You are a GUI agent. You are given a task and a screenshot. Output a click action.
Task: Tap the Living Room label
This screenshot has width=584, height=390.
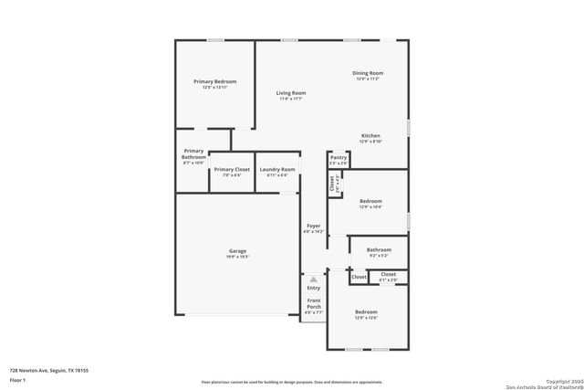(x=291, y=93)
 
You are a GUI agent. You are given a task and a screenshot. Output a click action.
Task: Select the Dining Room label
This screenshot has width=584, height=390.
(x=368, y=73)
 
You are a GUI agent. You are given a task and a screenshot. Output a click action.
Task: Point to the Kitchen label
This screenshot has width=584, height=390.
(x=370, y=136)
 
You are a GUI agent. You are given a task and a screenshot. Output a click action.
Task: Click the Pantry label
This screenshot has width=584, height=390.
(x=339, y=157)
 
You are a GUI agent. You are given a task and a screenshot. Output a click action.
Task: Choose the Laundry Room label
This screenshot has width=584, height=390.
(x=276, y=169)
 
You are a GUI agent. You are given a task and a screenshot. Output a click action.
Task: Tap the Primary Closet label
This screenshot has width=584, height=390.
(x=232, y=169)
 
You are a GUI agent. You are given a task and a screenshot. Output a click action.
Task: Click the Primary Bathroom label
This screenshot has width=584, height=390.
(x=193, y=154)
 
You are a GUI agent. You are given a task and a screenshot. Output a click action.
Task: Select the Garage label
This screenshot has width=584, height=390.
(x=237, y=251)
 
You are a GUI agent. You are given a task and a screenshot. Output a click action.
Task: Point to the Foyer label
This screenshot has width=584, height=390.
(x=313, y=226)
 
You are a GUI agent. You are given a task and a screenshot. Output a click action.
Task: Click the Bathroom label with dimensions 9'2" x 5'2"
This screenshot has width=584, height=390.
(x=379, y=249)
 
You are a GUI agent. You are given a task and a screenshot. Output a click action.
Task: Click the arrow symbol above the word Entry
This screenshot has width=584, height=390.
(x=313, y=279)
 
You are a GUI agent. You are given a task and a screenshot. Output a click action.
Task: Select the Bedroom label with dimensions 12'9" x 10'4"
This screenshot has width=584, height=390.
(x=370, y=201)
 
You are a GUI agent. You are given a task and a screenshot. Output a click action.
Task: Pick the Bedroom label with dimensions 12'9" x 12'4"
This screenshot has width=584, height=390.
(x=366, y=311)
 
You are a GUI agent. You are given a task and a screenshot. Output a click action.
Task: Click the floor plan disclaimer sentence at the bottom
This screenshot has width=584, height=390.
(x=291, y=382)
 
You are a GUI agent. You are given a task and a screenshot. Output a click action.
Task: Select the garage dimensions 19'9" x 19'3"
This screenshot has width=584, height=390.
(x=237, y=257)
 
